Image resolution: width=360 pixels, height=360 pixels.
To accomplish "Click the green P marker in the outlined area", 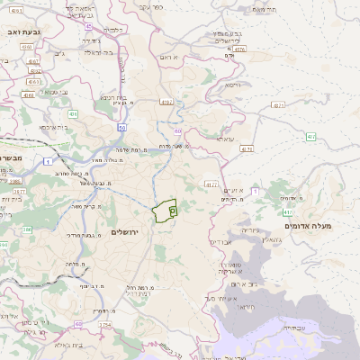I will (x=173, y=210).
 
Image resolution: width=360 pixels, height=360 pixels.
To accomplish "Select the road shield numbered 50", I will (x=121, y=129).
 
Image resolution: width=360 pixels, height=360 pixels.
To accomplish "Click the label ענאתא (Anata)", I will (x=225, y=139).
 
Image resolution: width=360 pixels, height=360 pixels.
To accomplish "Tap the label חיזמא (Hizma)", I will (x=231, y=84).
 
